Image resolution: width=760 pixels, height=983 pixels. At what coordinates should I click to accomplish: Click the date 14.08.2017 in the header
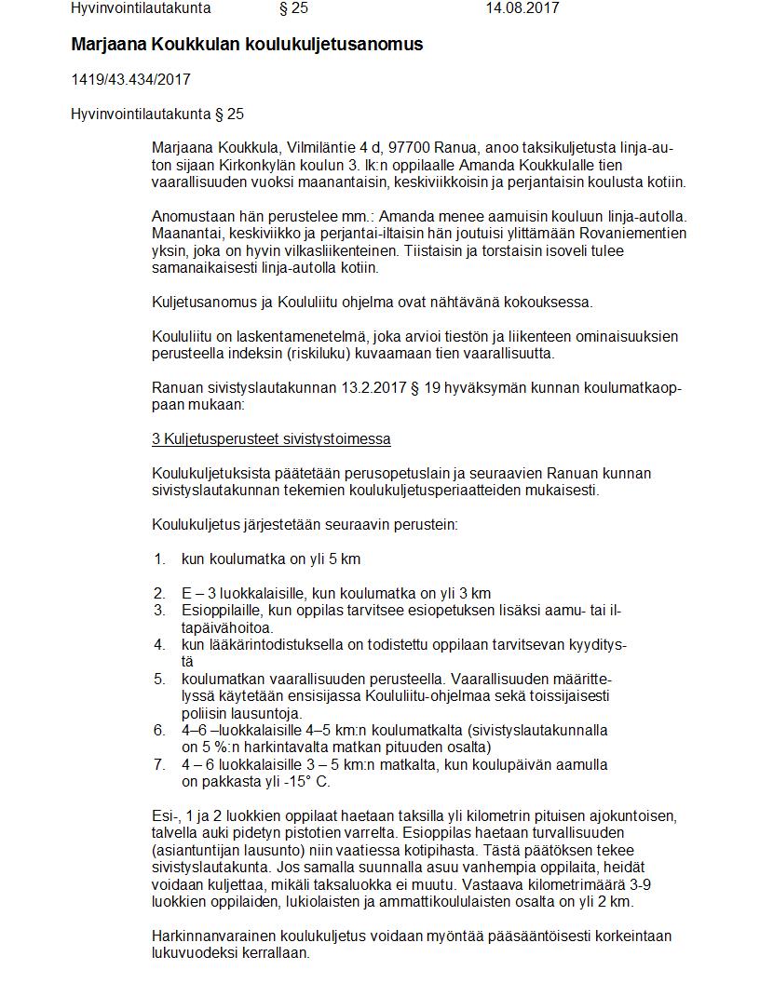522,8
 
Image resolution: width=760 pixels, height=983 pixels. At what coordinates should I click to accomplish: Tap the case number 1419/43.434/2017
130,80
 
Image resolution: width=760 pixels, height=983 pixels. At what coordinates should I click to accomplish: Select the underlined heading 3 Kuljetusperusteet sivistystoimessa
271,438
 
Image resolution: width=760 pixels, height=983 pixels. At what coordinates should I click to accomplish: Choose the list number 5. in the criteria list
160,679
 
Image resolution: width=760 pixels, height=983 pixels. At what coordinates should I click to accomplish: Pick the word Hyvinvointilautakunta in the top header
141,8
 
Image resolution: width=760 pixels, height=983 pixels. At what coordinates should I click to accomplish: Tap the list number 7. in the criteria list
160,764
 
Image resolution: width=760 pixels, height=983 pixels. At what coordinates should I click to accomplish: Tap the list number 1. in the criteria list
160,559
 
